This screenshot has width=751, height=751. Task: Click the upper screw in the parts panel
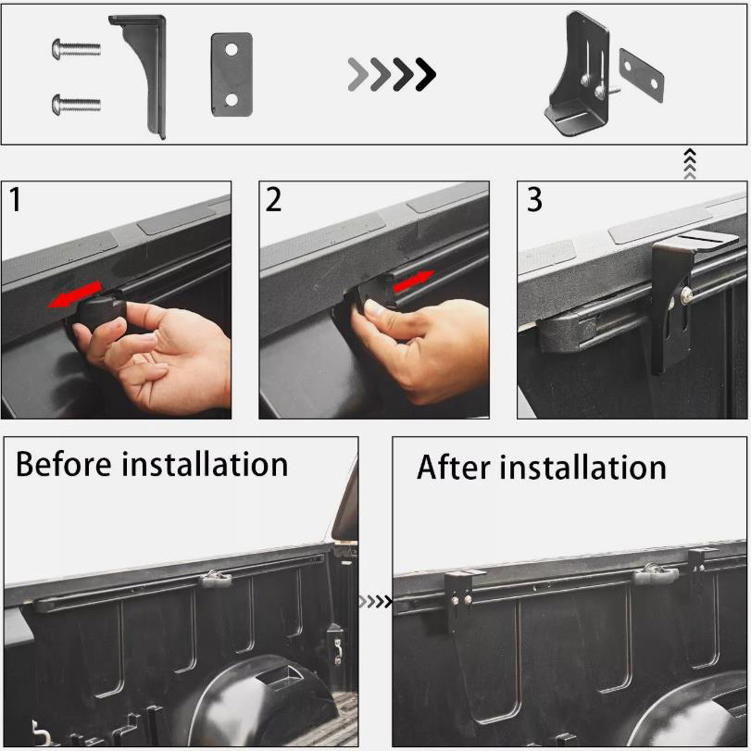77,48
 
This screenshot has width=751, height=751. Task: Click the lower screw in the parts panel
77,103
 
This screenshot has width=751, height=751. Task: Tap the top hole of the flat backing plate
232,49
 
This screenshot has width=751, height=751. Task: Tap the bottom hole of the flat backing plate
232,100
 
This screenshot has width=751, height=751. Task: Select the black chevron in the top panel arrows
426,74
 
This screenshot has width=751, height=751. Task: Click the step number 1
16,199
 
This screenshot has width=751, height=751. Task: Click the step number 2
273,199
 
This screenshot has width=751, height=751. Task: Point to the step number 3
534,199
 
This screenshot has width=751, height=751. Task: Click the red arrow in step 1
75,294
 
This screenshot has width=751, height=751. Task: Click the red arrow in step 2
413,282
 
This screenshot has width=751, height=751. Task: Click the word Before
63,464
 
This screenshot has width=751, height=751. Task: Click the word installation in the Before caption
205,464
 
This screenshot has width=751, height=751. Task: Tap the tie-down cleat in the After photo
655,573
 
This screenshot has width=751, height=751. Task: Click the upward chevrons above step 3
689,163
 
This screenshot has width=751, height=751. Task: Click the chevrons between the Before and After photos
376,602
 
